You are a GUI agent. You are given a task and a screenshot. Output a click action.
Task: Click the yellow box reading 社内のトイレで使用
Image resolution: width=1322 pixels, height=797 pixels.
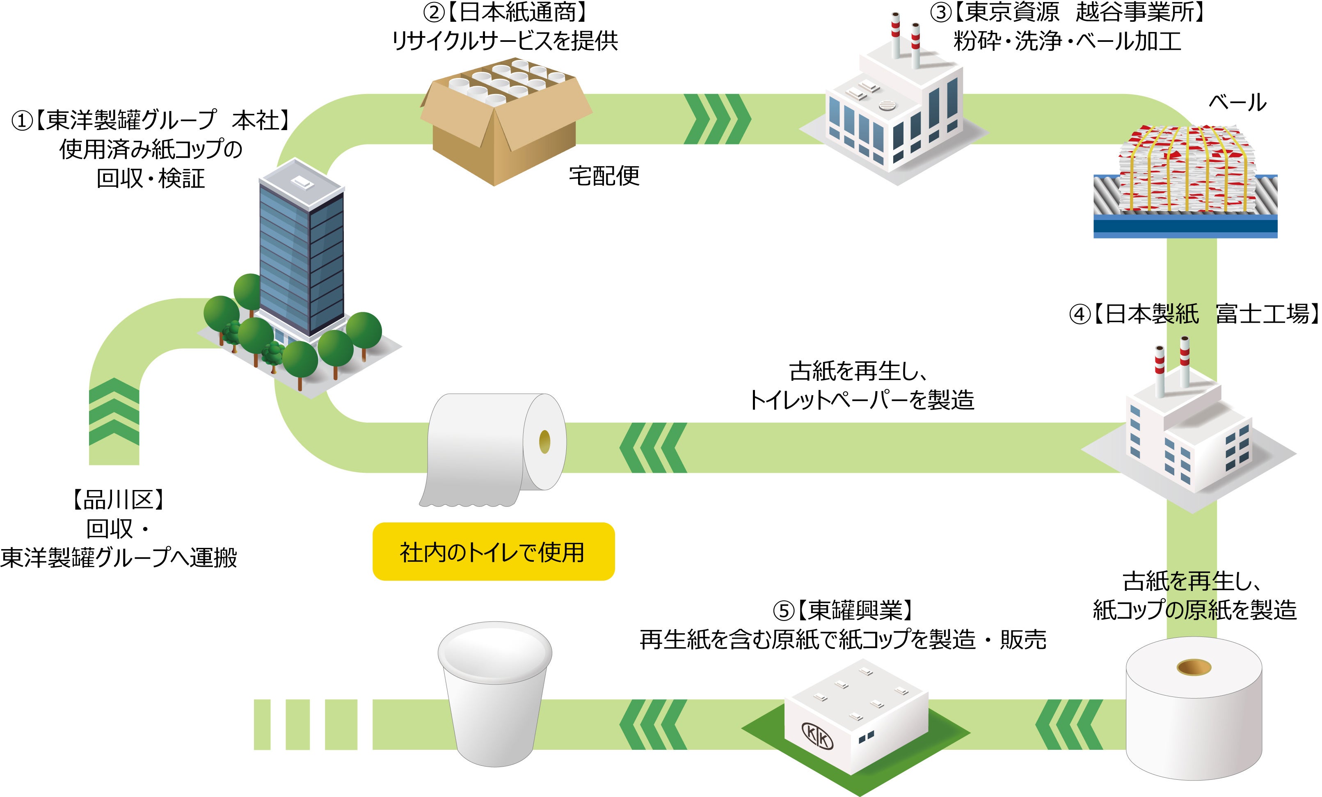[493, 551]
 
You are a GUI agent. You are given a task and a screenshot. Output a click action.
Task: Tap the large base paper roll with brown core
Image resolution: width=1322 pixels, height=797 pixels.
[1193, 708]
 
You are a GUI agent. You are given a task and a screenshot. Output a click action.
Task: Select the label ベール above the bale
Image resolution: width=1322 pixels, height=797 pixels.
[1237, 102]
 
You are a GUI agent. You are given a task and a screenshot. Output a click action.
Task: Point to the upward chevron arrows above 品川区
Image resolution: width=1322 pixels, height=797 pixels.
[114, 412]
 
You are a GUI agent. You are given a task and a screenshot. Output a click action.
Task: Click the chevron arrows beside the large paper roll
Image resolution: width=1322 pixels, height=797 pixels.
[1069, 724]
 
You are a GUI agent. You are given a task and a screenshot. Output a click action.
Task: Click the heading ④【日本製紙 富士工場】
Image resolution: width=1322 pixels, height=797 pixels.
[1193, 314]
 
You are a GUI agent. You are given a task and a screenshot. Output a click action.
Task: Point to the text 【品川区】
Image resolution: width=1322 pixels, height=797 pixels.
[118, 500]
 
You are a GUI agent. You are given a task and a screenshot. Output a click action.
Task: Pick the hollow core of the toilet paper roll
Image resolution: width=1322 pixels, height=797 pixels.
[544, 442]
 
